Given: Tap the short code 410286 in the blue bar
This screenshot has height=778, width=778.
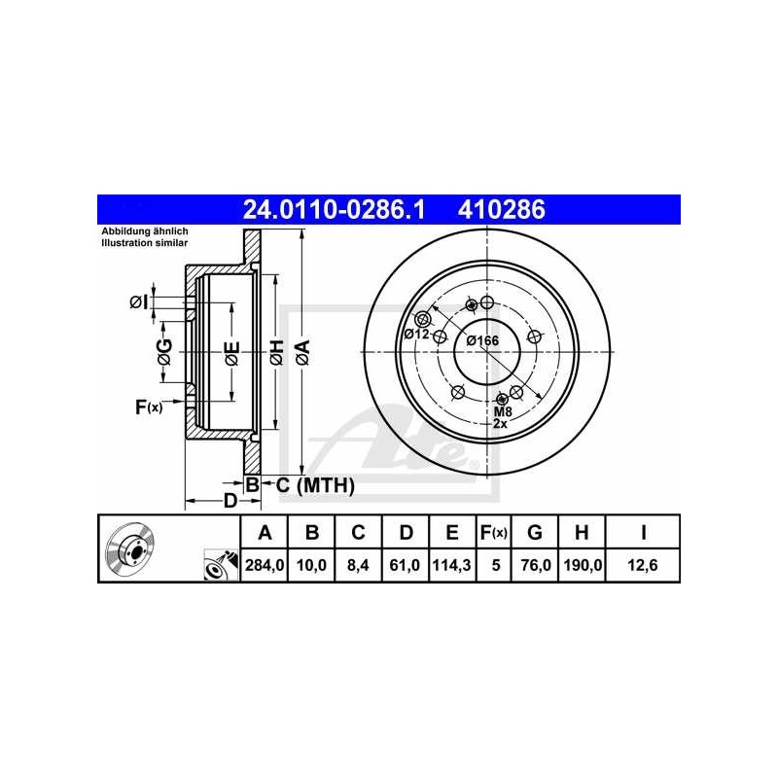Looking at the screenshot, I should coord(495,209).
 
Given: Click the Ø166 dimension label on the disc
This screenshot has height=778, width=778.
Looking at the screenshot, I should coord(482,340).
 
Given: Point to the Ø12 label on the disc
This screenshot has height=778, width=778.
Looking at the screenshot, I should coord(416,335).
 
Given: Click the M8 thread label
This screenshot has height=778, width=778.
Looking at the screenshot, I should coord(501,412).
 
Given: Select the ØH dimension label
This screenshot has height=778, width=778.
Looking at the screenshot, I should coord(276,352).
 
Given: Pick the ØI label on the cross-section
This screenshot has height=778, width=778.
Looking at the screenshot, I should coord(140,302).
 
